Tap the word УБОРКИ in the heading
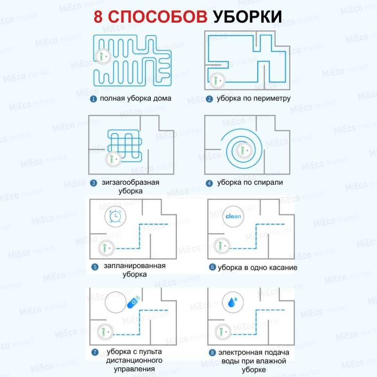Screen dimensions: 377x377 tap(247, 16)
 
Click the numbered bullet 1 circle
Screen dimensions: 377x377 tap(94, 99)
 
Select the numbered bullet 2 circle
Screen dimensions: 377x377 tap(209, 99)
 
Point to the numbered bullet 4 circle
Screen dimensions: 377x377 tap(209, 182)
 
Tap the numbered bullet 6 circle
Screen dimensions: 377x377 tap(213, 268)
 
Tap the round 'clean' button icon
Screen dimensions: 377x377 tap(233, 217)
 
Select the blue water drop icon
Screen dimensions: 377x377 tap(233, 302)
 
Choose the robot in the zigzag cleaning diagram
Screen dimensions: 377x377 tap(113, 159)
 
